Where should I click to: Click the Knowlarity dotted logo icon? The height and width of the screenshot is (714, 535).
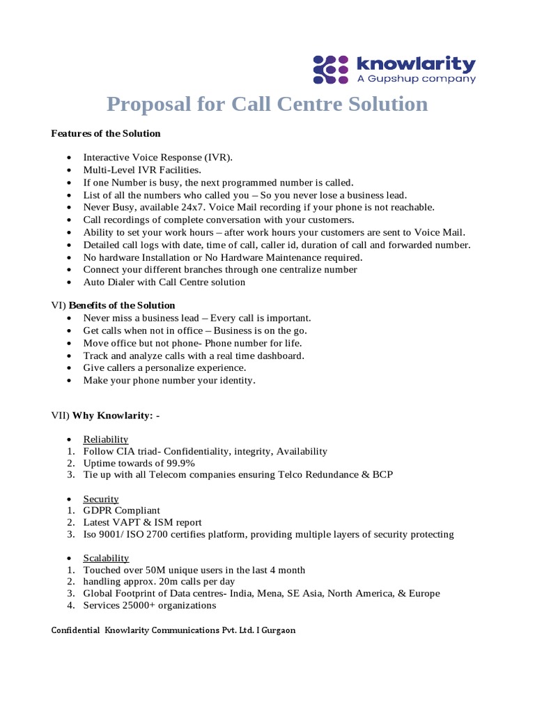coord(331,70)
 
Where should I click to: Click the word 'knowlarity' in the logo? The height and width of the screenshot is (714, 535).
coord(416,65)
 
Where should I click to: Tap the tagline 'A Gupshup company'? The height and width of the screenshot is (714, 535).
coord(416,79)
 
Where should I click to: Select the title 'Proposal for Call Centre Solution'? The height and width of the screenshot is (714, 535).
coord(267,104)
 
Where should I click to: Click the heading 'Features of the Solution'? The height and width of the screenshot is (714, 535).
coord(106,133)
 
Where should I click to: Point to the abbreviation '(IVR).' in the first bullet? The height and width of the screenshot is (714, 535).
coord(219,157)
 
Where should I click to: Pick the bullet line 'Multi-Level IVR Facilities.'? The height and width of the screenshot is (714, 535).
coord(142,169)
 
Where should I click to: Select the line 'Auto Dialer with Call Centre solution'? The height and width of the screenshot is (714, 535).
coord(164,282)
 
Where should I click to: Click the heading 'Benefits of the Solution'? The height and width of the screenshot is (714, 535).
coord(122,305)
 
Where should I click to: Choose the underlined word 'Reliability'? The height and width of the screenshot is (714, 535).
coord(106,439)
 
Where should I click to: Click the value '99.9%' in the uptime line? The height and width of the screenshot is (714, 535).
coord(178,463)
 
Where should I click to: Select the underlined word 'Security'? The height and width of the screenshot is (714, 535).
coord(101,499)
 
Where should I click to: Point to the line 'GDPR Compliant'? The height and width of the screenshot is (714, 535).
coord(122,510)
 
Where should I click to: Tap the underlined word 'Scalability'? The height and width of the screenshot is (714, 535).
coord(106,558)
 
